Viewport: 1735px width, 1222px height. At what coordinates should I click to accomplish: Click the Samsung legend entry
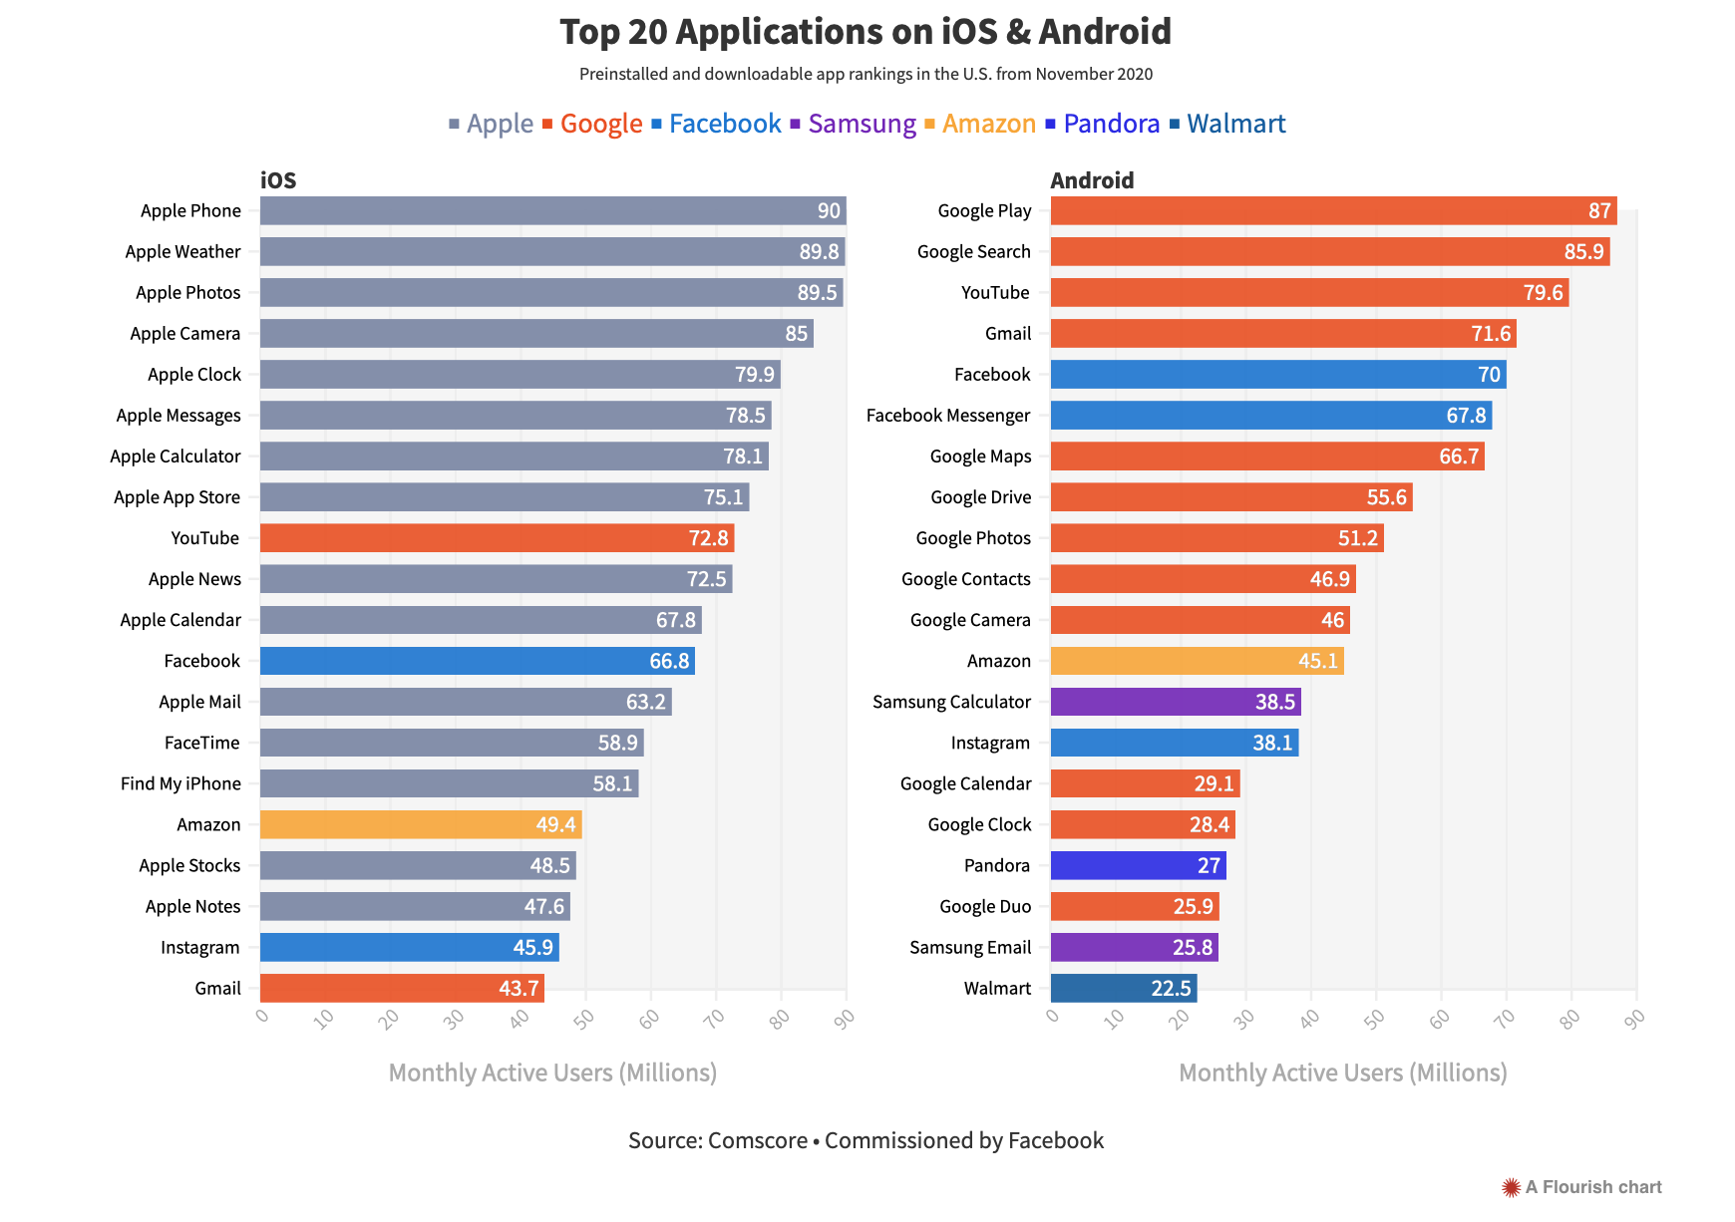(861, 124)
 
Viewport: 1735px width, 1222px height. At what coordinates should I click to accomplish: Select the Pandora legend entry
(1110, 124)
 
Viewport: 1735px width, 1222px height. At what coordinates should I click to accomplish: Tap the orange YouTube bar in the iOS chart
(497, 538)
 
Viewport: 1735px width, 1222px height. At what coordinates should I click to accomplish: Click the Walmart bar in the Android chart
(1123, 989)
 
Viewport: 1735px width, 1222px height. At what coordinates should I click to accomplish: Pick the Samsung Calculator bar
(1175, 702)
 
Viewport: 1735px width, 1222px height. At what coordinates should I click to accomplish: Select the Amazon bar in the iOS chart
(420, 824)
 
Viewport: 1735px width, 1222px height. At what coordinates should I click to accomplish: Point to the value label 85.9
(1583, 252)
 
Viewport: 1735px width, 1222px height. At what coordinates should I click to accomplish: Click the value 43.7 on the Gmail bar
(519, 989)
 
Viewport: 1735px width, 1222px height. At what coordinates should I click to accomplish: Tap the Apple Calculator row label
(175, 457)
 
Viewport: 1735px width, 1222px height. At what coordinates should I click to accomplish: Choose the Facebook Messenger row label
(947, 416)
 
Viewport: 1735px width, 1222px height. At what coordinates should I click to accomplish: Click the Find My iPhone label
(180, 783)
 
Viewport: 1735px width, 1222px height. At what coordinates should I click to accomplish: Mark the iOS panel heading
(278, 180)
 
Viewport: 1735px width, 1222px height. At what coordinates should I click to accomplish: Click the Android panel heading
(1092, 180)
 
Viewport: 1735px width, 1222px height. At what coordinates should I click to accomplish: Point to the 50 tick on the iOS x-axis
(584, 1018)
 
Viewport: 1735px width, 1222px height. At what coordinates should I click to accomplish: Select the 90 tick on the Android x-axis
(1633, 1018)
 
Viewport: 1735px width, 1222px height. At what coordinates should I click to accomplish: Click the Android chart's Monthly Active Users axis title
(1342, 1072)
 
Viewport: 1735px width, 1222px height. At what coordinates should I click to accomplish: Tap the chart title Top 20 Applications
(866, 32)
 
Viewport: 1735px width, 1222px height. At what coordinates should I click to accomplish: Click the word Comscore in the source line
(757, 1140)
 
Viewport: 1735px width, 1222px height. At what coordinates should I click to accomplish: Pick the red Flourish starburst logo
(1511, 1187)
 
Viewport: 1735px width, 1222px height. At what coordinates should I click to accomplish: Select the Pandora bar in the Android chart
(1138, 865)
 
